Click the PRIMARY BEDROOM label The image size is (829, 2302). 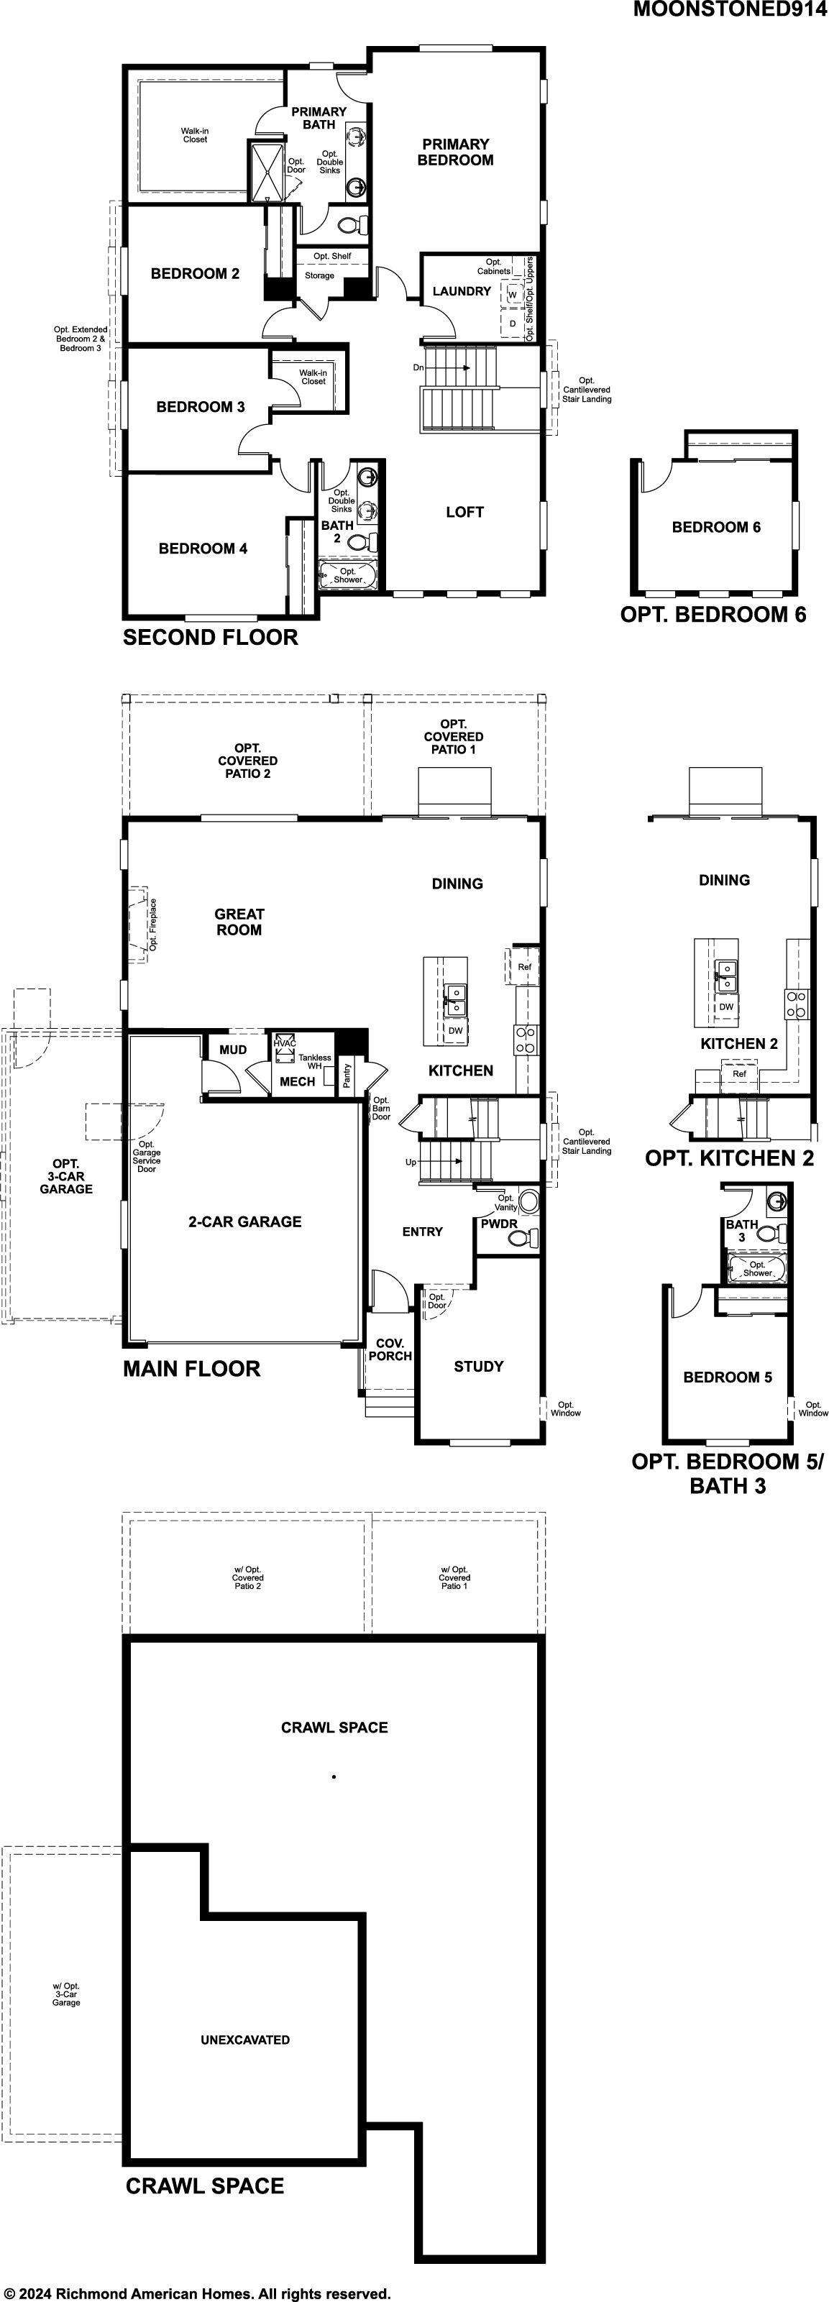[456, 152]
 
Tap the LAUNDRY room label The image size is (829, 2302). [462, 291]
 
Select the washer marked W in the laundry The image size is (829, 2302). [513, 294]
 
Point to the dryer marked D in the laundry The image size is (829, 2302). [513, 324]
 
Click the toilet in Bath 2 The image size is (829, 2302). [362, 541]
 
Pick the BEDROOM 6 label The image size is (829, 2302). [716, 527]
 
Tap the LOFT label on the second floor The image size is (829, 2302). [464, 512]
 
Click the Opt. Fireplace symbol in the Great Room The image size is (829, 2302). [139, 925]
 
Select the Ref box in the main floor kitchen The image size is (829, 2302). [524, 966]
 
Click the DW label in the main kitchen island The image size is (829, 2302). [456, 1030]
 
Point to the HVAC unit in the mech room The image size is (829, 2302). [285, 1048]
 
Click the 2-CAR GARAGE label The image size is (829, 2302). [244, 1221]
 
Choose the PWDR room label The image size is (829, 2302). [500, 1224]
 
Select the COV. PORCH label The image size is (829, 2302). [390, 1349]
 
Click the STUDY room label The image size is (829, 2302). [479, 1367]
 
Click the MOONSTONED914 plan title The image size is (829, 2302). [730, 10]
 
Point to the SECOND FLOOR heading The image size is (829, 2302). [211, 638]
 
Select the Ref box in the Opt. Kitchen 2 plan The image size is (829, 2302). [740, 1074]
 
